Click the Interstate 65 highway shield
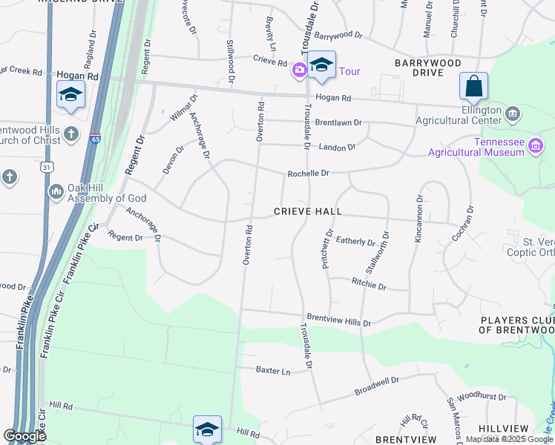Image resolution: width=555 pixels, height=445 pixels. tap(96, 139)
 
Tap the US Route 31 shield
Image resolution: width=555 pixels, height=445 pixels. tap(47, 168)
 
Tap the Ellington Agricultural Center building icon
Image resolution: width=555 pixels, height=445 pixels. tap(512, 114)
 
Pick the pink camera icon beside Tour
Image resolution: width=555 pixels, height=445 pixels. tap(300, 71)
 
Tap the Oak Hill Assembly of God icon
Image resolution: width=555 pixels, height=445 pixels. tap(56, 193)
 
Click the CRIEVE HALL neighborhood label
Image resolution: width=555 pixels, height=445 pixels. tap(308, 211)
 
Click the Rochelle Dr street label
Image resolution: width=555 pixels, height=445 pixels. tap(308, 174)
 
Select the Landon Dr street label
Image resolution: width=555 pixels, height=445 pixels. tap(338, 148)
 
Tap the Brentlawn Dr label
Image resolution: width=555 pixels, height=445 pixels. tap(338, 122)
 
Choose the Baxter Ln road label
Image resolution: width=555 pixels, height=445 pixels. tap(272, 369)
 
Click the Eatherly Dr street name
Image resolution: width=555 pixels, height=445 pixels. tap(355, 241)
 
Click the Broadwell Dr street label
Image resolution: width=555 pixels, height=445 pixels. tap(377, 384)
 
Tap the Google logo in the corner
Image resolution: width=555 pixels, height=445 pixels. tap(24, 436)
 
